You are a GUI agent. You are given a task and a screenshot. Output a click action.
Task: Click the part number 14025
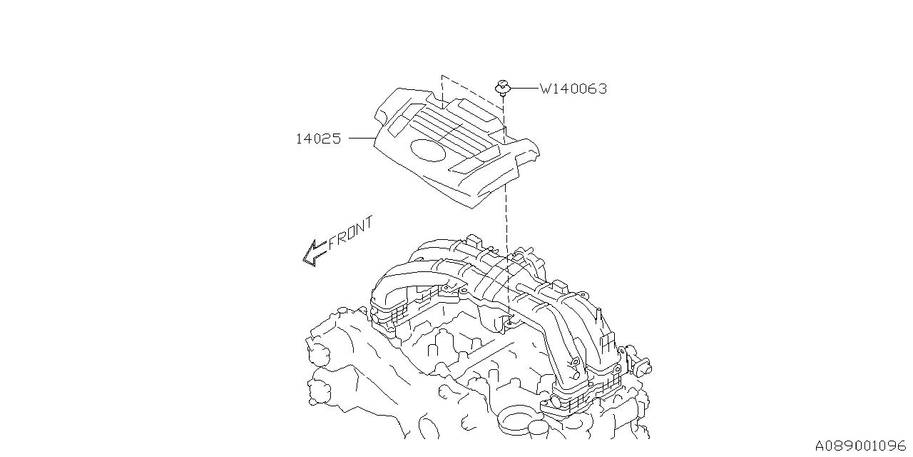(x=318, y=139)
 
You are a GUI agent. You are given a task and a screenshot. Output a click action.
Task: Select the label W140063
(x=573, y=89)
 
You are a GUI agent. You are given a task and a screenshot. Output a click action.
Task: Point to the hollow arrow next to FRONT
(x=314, y=252)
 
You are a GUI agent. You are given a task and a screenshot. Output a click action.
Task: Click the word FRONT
(x=351, y=233)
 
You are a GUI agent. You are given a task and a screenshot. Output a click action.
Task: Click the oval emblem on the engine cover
(x=427, y=149)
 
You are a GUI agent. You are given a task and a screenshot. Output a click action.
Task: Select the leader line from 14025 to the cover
(x=362, y=139)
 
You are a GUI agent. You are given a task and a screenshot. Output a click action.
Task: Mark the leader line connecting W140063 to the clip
(x=524, y=89)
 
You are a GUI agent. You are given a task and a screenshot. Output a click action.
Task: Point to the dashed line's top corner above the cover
(x=442, y=75)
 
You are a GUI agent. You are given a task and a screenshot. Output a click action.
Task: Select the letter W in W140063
(x=546, y=89)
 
